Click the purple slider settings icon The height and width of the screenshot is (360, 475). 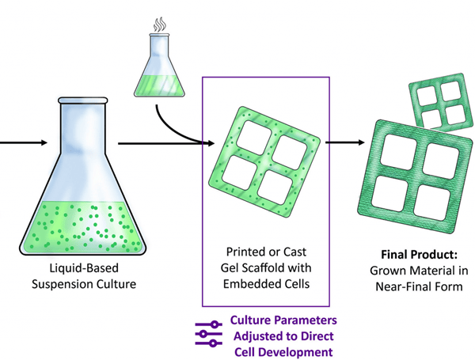point(207,335)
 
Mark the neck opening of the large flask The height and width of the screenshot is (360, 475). point(83,103)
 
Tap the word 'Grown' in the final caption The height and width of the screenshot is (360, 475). point(397,271)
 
